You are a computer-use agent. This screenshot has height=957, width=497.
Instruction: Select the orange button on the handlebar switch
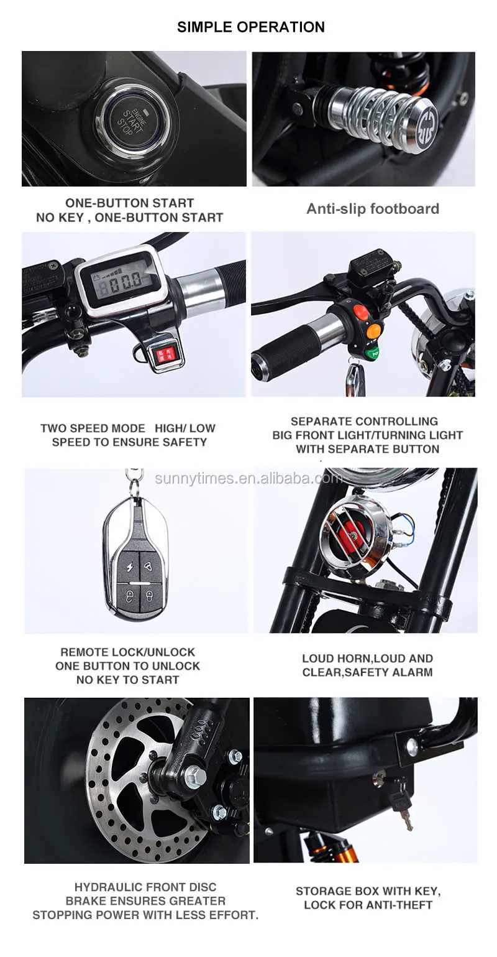click(373, 330)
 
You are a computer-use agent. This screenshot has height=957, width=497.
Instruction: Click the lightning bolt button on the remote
click(129, 567)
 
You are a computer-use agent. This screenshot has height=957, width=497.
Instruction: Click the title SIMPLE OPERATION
click(251, 27)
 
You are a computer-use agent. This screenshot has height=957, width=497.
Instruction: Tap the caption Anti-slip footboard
click(373, 208)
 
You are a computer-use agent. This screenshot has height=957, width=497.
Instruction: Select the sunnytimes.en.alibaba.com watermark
click(248, 478)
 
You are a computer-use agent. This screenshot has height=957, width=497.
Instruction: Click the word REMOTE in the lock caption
click(84, 652)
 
